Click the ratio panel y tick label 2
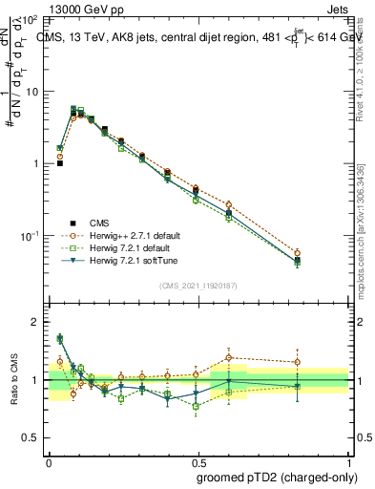(x=35, y=322)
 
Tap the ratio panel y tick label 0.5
(x=31, y=437)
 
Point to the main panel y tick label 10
(x=31, y=92)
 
